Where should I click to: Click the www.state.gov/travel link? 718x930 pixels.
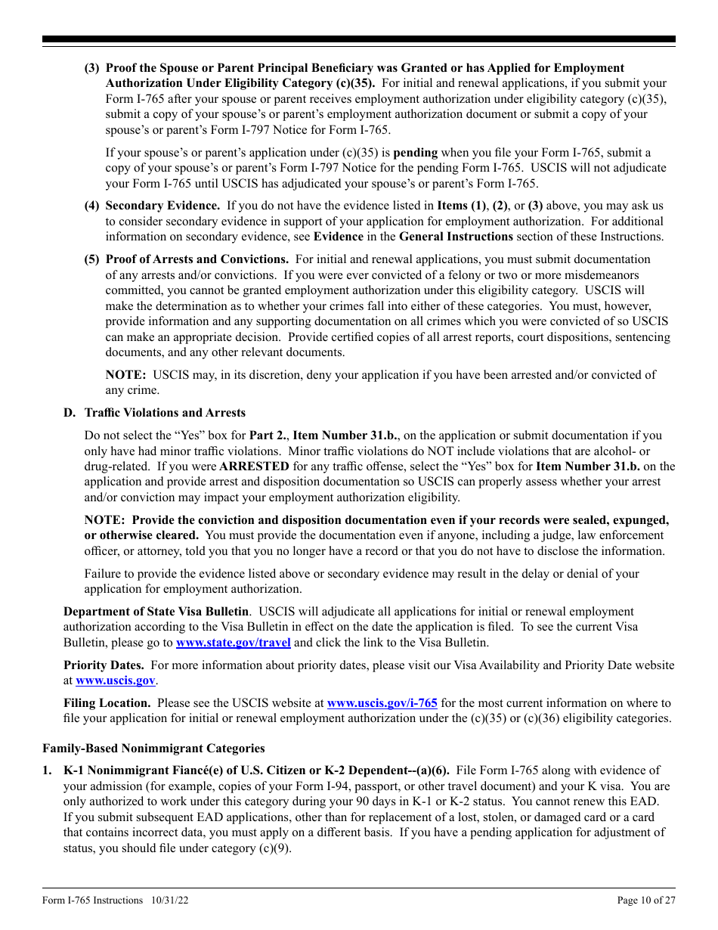tap(233, 643)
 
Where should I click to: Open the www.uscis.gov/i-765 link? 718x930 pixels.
tap(382, 703)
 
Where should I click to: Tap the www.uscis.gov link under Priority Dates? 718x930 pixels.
tap(115, 680)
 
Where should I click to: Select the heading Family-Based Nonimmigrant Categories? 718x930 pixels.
tap(153, 749)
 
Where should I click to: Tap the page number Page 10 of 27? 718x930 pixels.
tap(646, 901)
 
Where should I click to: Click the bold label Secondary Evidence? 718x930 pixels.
tap(162, 206)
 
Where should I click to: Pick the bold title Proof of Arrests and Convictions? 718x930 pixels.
tap(197, 259)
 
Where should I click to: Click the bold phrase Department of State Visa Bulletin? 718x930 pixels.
tap(156, 612)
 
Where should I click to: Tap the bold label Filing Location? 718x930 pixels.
tap(107, 703)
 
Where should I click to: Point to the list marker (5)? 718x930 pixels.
tap(91, 259)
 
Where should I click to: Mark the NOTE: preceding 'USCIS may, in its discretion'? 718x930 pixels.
tap(125, 375)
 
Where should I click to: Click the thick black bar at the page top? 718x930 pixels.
tap(359, 39)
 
